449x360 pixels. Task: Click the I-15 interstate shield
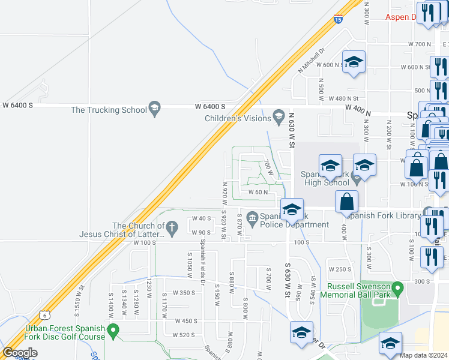click(x=338, y=20)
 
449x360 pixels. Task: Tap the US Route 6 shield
click(x=44, y=315)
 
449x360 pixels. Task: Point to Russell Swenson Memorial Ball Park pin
click(x=396, y=290)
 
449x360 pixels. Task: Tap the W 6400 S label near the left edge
click(x=17, y=105)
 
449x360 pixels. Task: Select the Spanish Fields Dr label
click(x=203, y=262)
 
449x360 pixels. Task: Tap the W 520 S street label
click(x=185, y=335)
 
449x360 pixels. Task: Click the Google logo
click(x=20, y=353)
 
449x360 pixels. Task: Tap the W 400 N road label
click(x=358, y=107)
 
